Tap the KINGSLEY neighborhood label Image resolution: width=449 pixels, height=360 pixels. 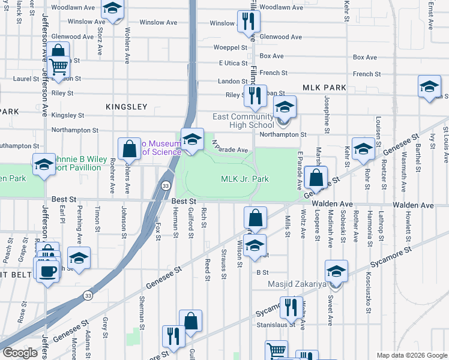(x=126, y=107)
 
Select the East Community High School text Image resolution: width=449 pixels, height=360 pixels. (x=243, y=121)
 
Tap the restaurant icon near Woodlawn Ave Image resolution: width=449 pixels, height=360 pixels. (x=247, y=22)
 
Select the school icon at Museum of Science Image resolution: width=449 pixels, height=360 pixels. (x=191, y=139)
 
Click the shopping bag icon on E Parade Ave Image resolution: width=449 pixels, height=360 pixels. (x=316, y=178)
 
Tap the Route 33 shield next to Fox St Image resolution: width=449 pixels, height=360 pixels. (x=164, y=187)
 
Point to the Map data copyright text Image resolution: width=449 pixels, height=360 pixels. (x=411, y=355)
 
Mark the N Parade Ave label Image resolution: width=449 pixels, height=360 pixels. (x=230, y=146)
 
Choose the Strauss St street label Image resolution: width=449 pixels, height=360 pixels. (x=224, y=265)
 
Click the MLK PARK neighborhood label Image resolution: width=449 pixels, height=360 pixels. (x=324, y=88)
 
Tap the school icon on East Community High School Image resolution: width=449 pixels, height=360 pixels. (x=285, y=108)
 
